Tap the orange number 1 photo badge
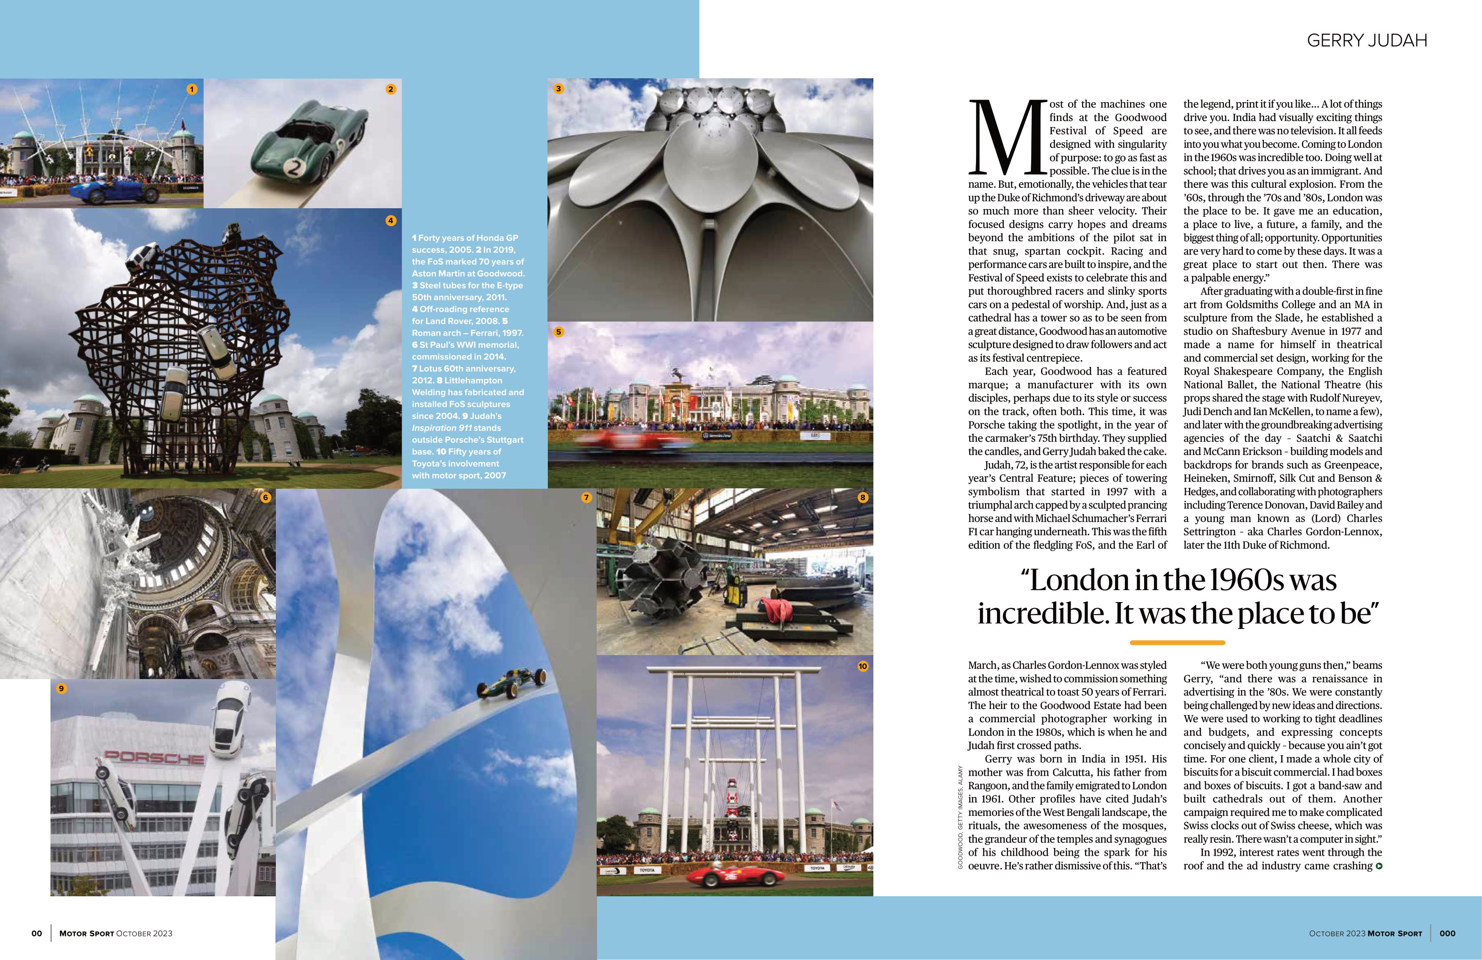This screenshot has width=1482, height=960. tap(192, 89)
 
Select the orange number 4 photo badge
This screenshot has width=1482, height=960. tap(390, 220)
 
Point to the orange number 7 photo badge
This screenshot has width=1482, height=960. tap(586, 497)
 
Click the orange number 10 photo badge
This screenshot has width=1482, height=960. tap(862, 666)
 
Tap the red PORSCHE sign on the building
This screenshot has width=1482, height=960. tap(154, 757)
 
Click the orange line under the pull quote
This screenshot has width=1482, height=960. tap(1177, 642)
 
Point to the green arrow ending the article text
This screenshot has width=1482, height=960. tap(1378, 866)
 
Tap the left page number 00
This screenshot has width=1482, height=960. tap(37, 933)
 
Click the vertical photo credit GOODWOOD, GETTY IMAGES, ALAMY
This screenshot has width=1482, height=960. tap(961, 817)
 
